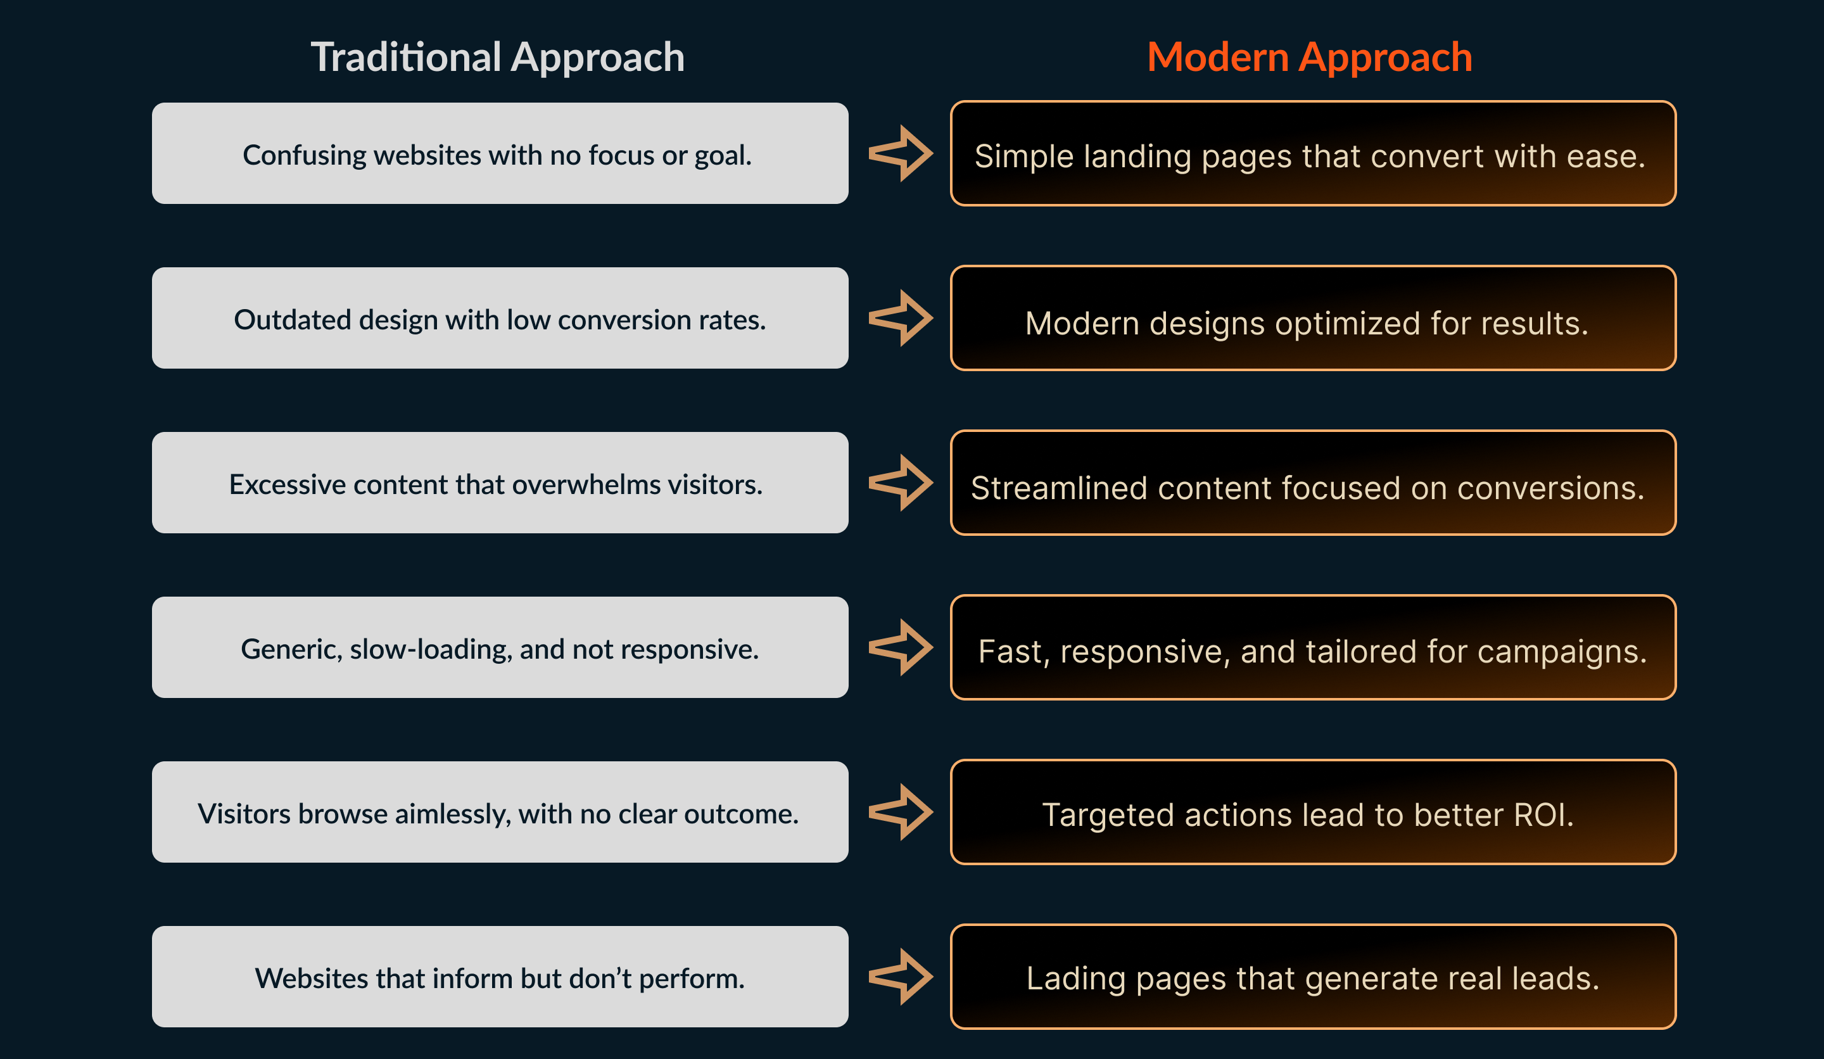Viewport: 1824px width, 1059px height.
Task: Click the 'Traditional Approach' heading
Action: (x=497, y=57)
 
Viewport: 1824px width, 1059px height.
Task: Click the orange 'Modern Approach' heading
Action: (x=1309, y=57)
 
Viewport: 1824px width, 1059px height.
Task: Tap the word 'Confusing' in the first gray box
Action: (x=305, y=156)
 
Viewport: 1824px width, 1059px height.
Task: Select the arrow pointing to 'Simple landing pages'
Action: (x=901, y=153)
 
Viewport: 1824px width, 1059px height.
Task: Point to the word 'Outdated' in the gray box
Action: (x=293, y=320)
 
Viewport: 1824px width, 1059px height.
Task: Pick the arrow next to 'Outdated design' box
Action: (x=901, y=318)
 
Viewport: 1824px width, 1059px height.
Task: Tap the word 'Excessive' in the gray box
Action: (x=287, y=485)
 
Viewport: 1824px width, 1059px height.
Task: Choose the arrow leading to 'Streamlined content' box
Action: (x=901, y=483)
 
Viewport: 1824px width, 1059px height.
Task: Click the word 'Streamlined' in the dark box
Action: (x=1059, y=488)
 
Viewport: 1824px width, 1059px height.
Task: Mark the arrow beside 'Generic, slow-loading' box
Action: (x=901, y=647)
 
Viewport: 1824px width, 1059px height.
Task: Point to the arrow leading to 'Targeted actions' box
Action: (x=901, y=811)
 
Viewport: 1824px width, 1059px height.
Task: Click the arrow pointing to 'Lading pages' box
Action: (x=901, y=977)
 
